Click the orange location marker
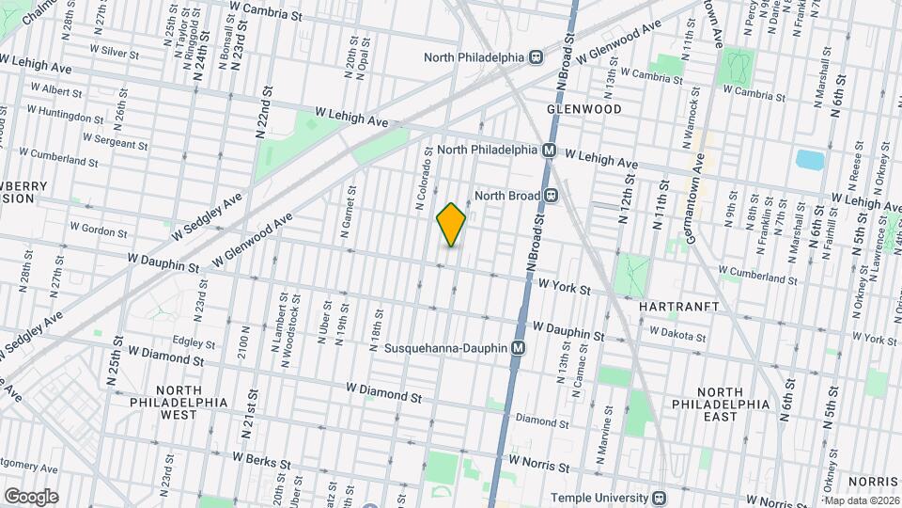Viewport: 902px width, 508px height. tap(451, 225)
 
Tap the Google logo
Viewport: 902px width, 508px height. tap(30, 497)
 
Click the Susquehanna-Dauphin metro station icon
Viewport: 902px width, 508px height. tap(518, 348)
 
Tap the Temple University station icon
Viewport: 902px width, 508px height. tap(661, 498)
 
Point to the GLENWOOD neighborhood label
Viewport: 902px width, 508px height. tap(584, 109)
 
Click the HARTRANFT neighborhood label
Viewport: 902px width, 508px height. tap(678, 307)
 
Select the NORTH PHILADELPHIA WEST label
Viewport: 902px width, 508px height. tap(178, 402)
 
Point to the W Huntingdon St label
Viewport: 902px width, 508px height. tap(66, 118)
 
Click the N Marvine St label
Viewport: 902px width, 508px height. tap(599, 436)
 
